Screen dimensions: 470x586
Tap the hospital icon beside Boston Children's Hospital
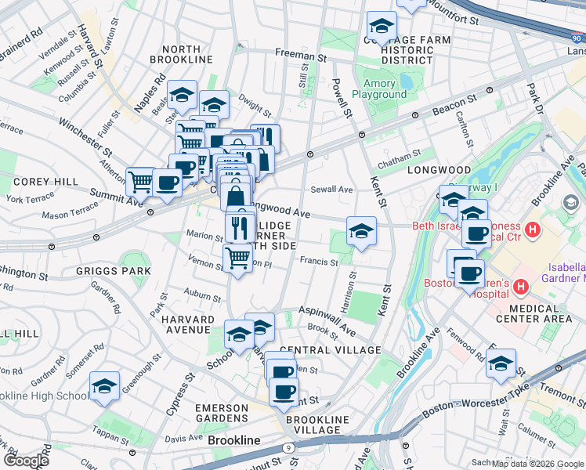521,288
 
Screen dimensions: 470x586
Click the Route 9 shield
288,447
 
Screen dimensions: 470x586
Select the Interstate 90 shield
577,36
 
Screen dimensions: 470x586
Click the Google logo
26,461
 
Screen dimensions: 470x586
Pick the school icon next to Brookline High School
104,386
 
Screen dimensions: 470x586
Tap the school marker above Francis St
361,231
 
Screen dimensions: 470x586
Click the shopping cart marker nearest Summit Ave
140,182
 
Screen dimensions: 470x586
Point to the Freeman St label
300,56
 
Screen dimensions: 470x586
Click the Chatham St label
400,155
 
